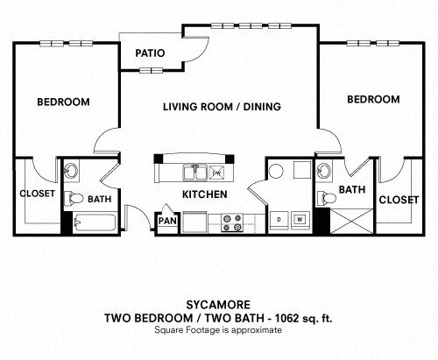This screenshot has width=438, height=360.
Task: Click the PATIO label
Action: click(x=150, y=53)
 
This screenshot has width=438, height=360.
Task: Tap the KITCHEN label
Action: click(x=205, y=194)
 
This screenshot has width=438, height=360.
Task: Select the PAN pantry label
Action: click(x=167, y=221)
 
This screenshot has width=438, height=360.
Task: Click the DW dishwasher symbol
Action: click(x=216, y=173)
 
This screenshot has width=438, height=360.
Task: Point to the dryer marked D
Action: click(x=279, y=220)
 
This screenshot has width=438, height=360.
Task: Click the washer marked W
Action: click(x=300, y=220)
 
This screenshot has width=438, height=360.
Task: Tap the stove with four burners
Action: click(x=232, y=222)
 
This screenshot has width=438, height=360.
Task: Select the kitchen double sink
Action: click(x=195, y=173)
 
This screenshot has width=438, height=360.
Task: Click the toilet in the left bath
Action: click(x=74, y=198)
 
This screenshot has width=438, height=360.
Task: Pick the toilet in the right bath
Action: click(x=327, y=198)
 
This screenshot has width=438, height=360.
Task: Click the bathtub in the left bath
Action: click(x=95, y=223)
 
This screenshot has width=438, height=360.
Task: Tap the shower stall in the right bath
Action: click(x=352, y=221)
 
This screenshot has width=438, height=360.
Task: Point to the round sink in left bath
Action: click(x=71, y=171)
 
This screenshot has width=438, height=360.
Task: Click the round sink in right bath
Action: click(x=324, y=171)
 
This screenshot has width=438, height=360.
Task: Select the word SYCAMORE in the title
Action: click(x=218, y=305)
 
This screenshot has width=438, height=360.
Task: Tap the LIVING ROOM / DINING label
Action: click(x=222, y=107)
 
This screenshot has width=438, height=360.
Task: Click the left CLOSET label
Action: click(x=37, y=194)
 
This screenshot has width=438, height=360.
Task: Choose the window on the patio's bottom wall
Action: click(x=151, y=70)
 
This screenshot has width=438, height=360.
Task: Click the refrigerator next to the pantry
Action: click(x=194, y=222)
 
